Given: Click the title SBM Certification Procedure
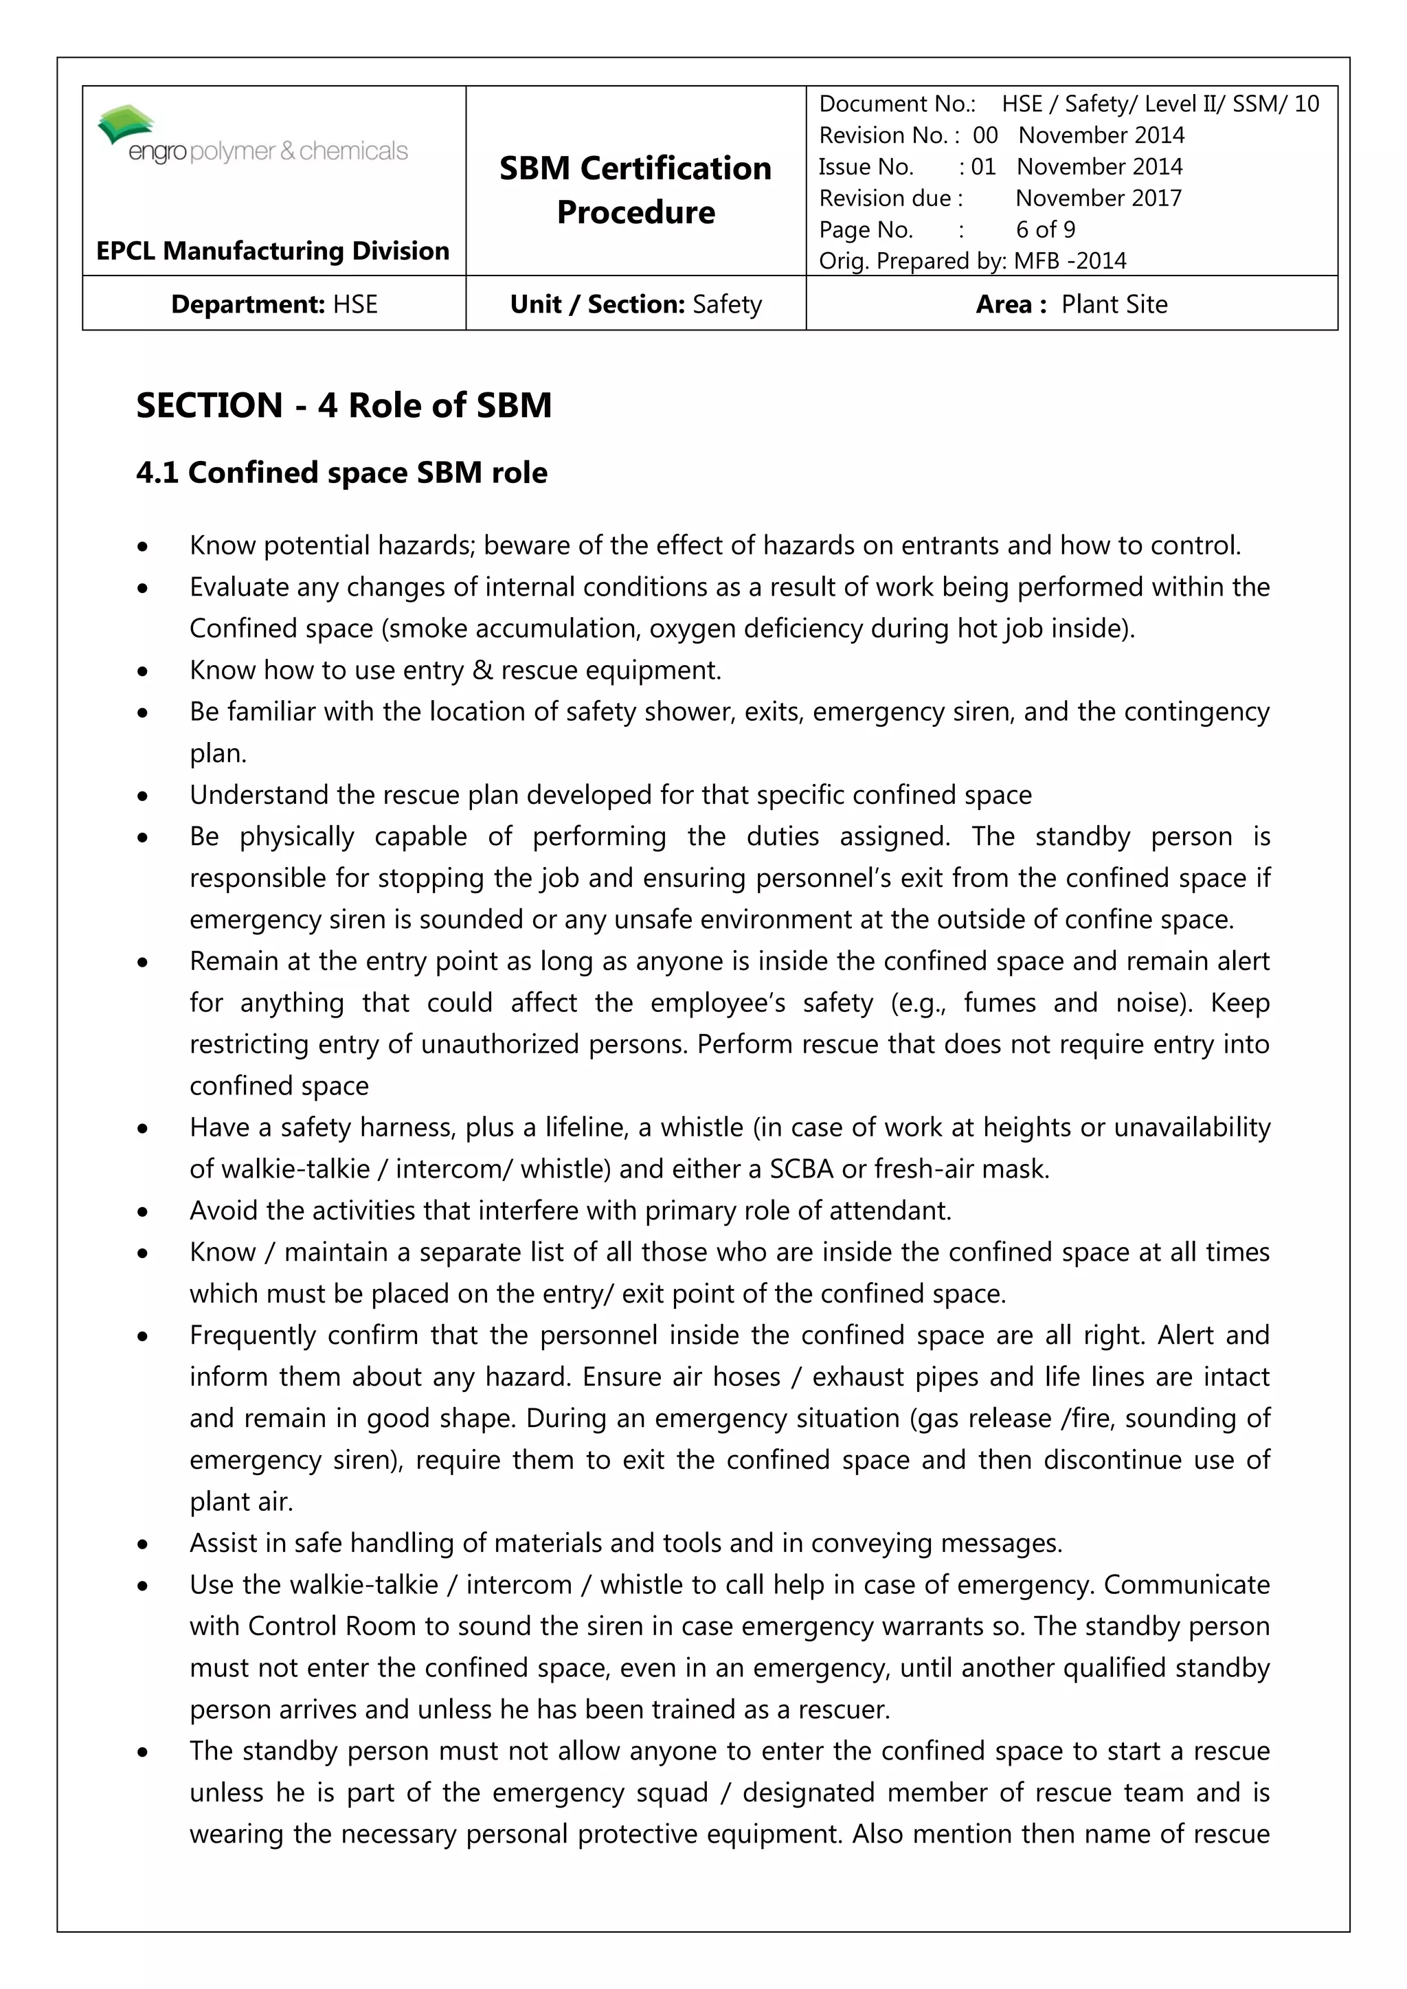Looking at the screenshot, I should coord(635,190).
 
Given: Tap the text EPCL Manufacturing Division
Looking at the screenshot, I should coord(273,251).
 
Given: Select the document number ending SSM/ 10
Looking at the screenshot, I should coord(1160,104).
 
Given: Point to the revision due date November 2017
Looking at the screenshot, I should coord(1098,199).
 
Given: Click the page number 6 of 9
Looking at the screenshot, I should coord(1045,229).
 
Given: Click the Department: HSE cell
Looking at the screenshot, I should coord(274,304).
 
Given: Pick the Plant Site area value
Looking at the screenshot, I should coord(1114,304).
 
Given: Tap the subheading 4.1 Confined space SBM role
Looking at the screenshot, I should coord(341,473).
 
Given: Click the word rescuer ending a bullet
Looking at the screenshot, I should coord(843,1710).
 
